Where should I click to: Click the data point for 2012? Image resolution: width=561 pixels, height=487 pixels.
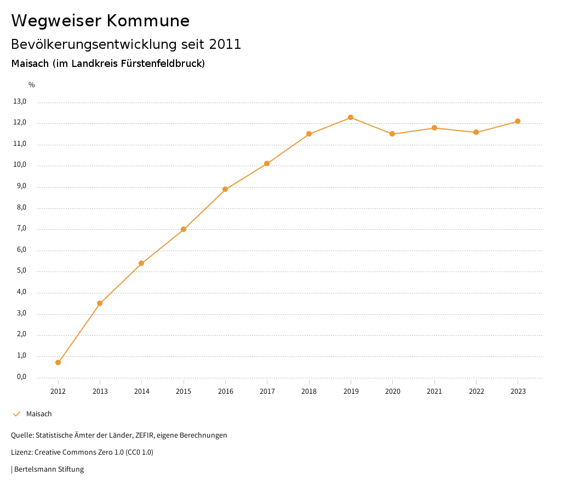coord(58,363)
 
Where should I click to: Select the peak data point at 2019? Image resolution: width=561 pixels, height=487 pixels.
coord(351,117)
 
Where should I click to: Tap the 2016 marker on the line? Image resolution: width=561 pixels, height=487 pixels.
coord(225,189)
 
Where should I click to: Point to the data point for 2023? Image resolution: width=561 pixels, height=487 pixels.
coord(518,121)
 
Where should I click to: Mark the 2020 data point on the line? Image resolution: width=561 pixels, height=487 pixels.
coord(392,134)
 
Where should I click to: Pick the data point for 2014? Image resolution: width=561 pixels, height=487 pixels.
coord(141,263)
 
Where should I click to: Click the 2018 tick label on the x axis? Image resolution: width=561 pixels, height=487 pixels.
coord(309,391)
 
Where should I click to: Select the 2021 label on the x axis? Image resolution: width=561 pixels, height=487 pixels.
coord(434,391)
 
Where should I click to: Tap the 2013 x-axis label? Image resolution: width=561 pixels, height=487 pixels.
coord(100,391)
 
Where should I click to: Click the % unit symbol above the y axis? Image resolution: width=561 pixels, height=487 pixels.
coord(31,84)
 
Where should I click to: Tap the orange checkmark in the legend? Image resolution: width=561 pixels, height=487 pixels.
coord(16,414)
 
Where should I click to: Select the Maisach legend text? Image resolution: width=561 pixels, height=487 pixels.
coord(39,414)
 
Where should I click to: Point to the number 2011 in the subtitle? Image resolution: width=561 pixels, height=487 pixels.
coord(225,44)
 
